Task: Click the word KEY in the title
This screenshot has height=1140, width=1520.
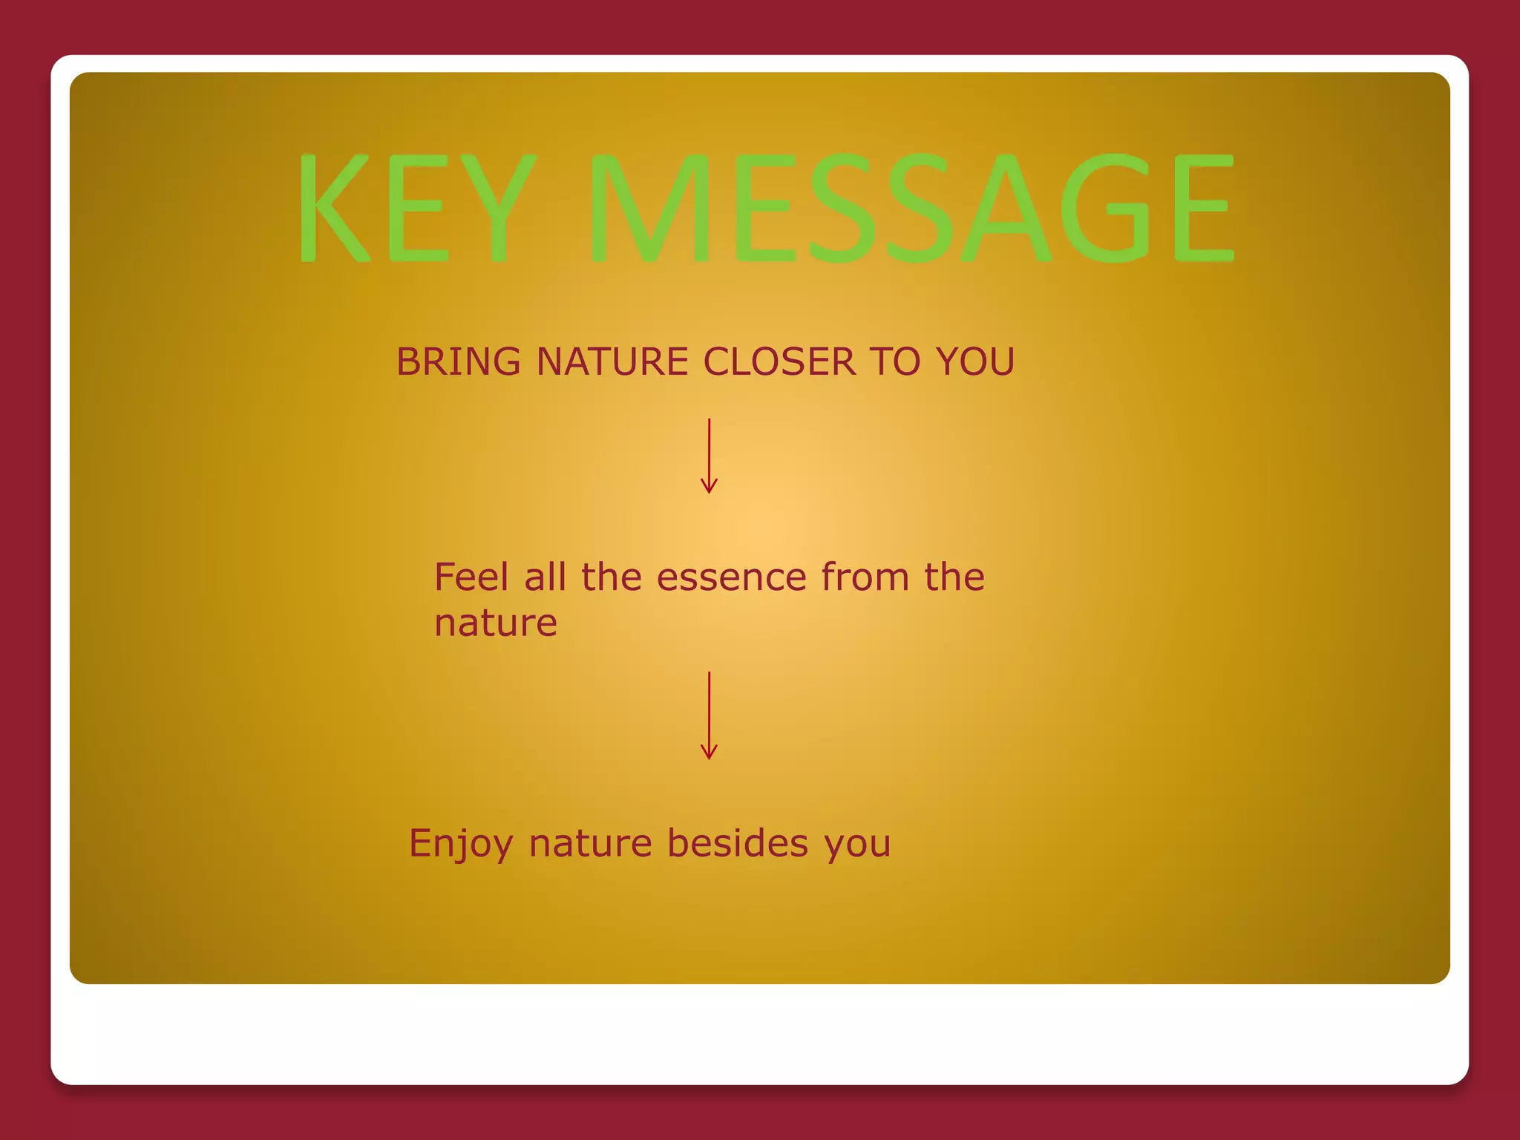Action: pyautogui.click(x=416, y=207)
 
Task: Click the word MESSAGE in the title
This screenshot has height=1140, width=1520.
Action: pyautogui.click(x=911, y=207)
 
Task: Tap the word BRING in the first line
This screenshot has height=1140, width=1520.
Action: pyautogui.click(x=458, y=362)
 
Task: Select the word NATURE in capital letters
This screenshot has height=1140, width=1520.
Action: pyautogui.click(x=612, y=362)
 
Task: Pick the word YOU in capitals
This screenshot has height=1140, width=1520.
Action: pyautogui.click(x=974, y=362)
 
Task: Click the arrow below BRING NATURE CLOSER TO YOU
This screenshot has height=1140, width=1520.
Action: pyautogui.click(x=709, y=456)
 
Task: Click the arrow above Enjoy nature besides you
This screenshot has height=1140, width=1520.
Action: pyautogui.click(x=709, y=715)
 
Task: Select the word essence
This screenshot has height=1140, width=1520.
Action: pyautogui.click(x=731, y=578)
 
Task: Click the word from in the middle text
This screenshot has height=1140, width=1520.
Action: pyautogui.click(x=865, y=577)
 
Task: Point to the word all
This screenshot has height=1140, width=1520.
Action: pyautogui.click(x=545, y=577)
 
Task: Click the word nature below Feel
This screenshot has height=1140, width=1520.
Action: pyautogui.click(x=495, y=623)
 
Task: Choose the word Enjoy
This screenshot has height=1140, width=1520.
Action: pyautogui.click(x=460, y=844)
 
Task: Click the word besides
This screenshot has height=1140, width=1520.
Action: pyautogui.click(x=737, y=843)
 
